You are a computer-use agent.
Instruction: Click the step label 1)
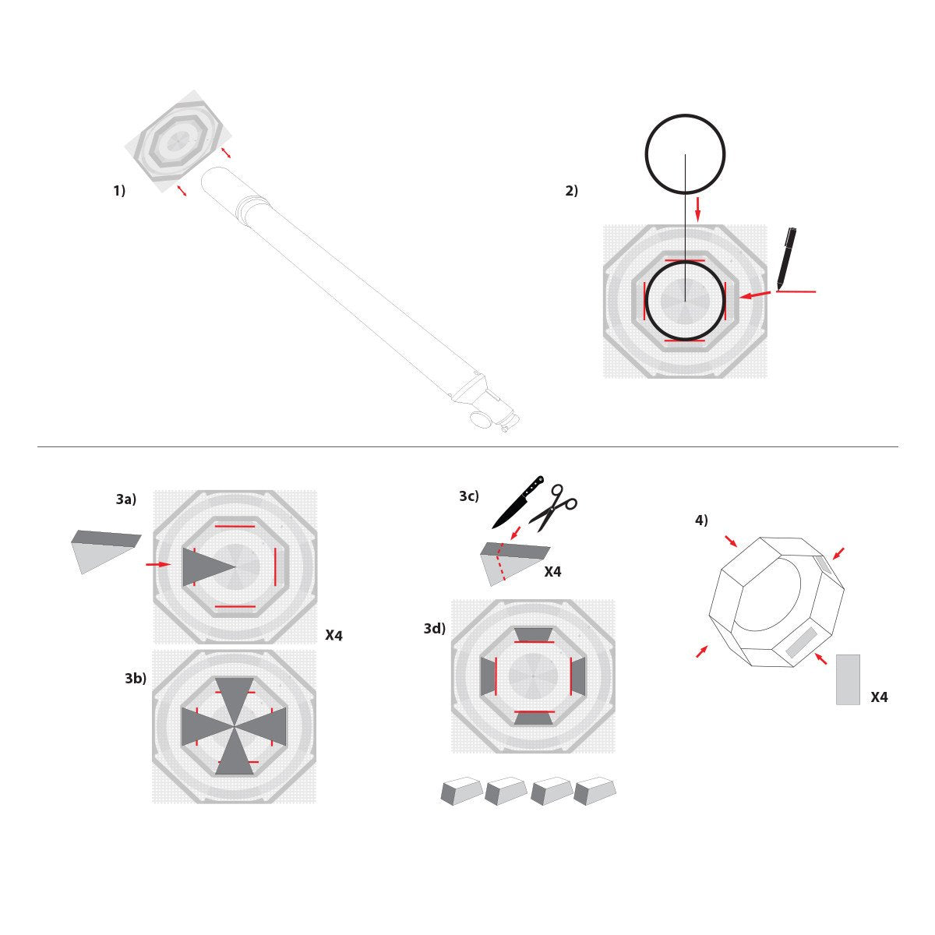(x=119, y=190)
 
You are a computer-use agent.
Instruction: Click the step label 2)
(x=572, y=190)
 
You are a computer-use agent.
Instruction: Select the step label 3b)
(x=136, y=679)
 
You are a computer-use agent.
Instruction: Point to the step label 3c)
(x=469, y=496)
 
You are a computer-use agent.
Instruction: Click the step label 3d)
(x=435, y=628)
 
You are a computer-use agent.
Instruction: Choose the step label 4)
(x=701, y=520)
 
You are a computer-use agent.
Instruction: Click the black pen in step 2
(x=785, y=258)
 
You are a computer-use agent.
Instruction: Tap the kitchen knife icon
(x=517, y=502)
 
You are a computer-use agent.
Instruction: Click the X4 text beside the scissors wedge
(x=552, y=572)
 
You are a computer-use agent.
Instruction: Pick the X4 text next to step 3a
(x=333, y=636)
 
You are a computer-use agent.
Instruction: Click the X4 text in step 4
(x=879, y=697)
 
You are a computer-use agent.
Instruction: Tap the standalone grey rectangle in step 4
(x=848, y=679)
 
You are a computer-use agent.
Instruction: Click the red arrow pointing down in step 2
(x=697, y=208)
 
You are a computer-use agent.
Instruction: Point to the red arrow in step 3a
(x=158, y=564)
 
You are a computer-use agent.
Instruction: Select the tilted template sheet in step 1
(x=178, y=141)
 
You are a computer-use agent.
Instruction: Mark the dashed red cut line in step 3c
(x=503, y=563)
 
